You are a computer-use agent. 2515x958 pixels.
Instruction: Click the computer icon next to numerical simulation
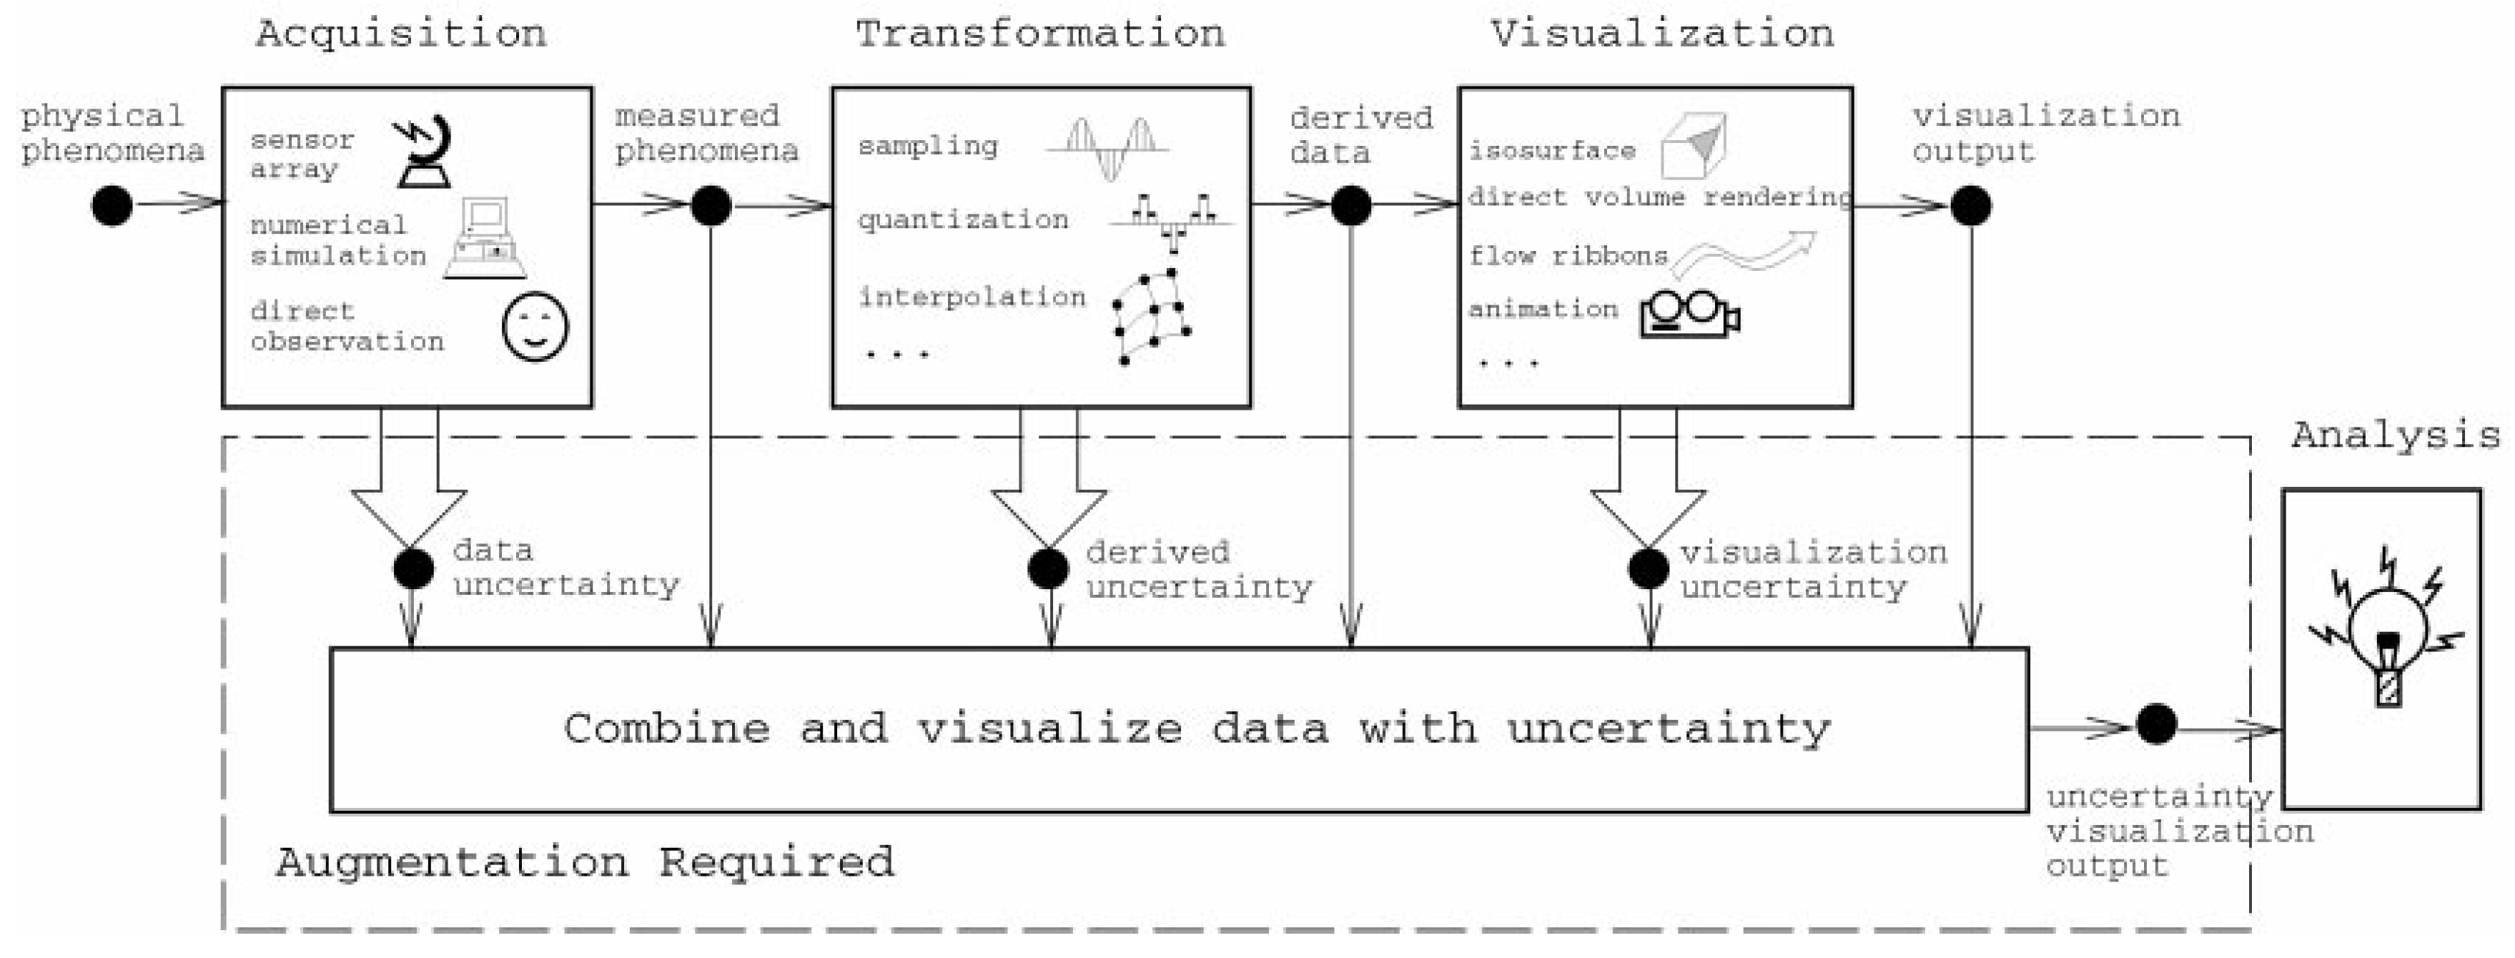point(485,239)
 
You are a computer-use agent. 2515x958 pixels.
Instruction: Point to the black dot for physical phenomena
point(112,205)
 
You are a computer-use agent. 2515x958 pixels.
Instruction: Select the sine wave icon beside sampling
point(1108,149)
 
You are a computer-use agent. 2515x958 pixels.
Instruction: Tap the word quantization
point(963,219)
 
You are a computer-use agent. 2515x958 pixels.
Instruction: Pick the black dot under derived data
point(1351,205)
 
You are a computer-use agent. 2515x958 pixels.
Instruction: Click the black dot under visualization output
point(1971,205)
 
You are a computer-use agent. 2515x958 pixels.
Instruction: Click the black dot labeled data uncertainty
point(413,568)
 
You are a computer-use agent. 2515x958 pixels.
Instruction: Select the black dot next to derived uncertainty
point(1047,568)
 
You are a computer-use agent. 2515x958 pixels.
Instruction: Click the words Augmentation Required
point(584,862)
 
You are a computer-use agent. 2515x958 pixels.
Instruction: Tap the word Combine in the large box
point(667,729)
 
